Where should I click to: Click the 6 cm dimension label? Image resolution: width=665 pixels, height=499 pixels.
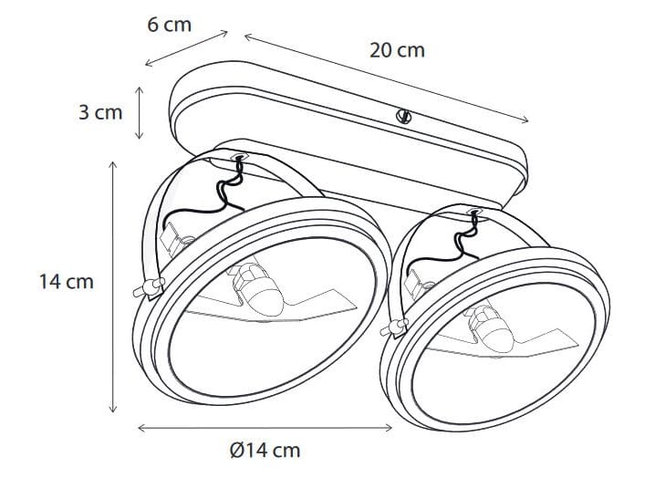(170, 25)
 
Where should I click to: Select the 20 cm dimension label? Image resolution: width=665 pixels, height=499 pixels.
(397, 50)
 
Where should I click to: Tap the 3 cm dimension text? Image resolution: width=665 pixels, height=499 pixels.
(99, 113)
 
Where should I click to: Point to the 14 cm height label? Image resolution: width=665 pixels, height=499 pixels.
(67, 282)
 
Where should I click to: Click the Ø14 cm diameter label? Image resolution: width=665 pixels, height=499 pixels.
(265, 450)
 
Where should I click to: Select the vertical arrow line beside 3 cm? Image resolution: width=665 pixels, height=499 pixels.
(139, 113)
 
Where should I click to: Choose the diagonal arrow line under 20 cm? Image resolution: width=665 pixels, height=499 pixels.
(386, 78)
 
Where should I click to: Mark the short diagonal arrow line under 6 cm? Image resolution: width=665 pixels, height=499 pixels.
(187, 49)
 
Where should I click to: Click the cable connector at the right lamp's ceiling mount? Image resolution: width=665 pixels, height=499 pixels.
(473, 213)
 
